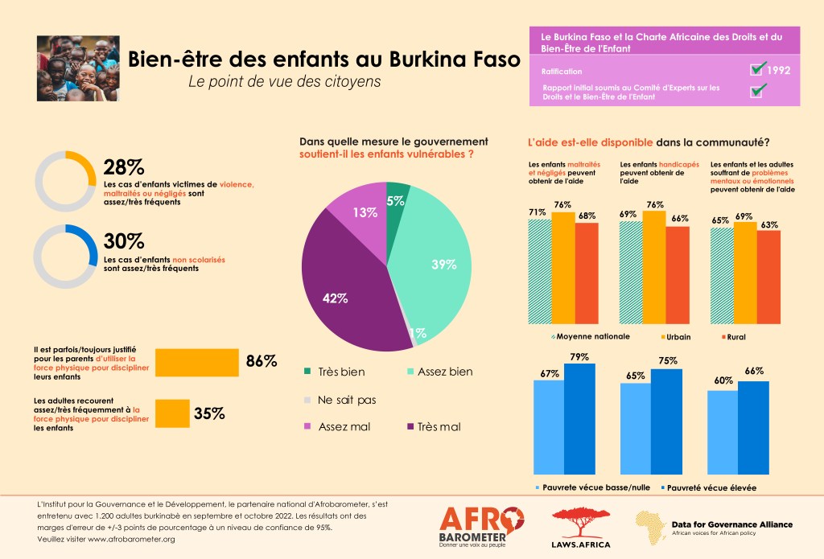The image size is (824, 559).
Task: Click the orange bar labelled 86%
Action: tap(196, 362)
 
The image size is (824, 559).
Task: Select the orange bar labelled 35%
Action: tap(171, 413)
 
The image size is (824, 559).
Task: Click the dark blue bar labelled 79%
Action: tap(579, 418)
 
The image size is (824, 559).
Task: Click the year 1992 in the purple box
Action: tap(778, 70)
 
